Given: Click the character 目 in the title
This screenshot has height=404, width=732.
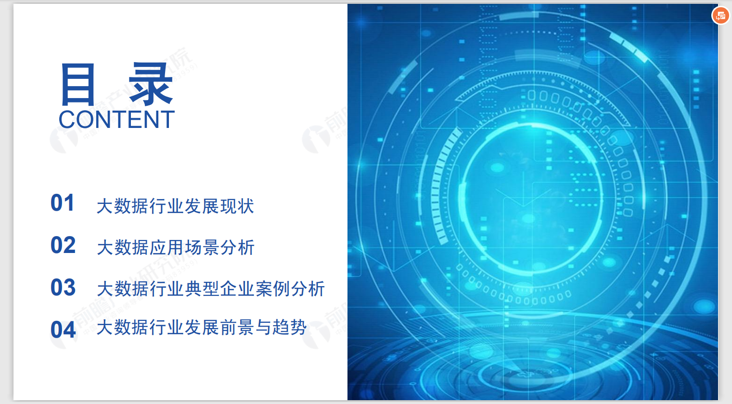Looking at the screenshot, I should [x=77, y=85].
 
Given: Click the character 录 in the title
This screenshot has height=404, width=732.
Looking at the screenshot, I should [x=151, y=85].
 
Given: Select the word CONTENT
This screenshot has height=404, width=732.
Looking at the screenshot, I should [x=116, y=120].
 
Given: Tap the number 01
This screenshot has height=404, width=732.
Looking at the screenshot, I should [x=63, y=203].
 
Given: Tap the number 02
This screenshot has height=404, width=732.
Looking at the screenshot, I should [x=63, y=245].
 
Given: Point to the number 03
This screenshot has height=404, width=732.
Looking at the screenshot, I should [x=63, y=288].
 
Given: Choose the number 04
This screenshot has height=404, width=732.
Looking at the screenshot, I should [x=63, y=330].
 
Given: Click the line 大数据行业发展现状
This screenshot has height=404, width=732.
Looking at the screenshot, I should [x=175, y=206].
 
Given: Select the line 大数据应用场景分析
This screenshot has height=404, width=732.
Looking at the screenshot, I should [x=175, y=248].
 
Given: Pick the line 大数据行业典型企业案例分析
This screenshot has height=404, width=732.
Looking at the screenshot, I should [x=211, y=289].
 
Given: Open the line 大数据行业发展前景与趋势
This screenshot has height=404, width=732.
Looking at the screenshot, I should [x=202, y=328].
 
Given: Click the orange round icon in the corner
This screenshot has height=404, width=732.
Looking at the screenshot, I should [x=720, y=15].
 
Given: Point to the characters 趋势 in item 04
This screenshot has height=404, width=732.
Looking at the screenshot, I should [x=289, y=328].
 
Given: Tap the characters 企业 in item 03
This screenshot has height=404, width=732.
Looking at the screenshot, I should [x=237, y=289].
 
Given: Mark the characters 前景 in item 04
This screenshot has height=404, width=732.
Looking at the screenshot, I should [x=237, y=328].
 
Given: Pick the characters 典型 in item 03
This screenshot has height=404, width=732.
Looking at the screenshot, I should [x=202, y=289].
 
